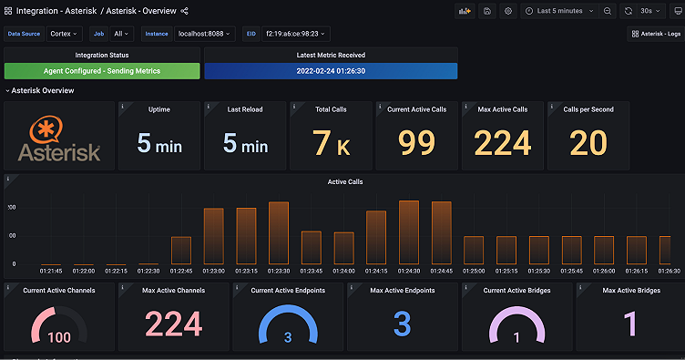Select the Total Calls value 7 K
tap(331, 143)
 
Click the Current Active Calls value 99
tap(416, 143)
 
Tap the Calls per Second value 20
tap(588, 143)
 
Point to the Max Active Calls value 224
tap(502, 143)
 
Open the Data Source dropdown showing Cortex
tap(65, 34)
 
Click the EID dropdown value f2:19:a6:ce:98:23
tap(298, 34)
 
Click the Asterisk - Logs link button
tap(655, 34)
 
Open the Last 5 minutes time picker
tap(561, 11)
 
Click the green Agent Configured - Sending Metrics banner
tap(101, 71)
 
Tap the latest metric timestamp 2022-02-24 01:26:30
tap(331, 71)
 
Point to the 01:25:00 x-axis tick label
tap(473, 271)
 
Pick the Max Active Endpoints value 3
tap(403, 324)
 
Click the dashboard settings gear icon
tap(508, 11)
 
